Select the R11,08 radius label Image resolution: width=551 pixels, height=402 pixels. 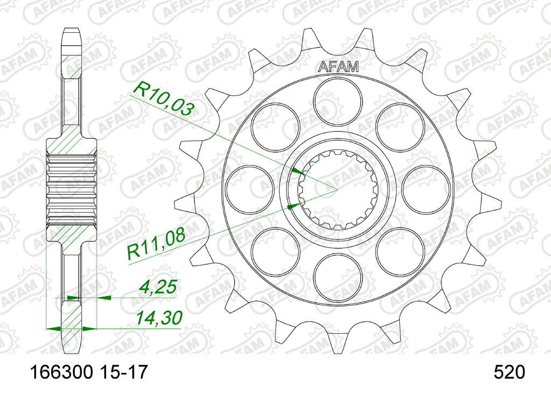coord(156,245)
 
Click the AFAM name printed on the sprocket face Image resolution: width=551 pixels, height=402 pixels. coord(338,67)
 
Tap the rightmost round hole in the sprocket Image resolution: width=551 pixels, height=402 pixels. coord(426,189)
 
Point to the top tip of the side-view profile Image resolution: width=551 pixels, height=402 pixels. coord(72,29)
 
